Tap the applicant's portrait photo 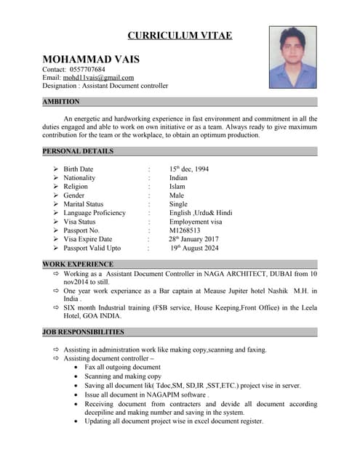pyautogui.click(x=292, y=57)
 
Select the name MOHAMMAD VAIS pyautogui.click(x=91, y=59)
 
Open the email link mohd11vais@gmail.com pyautogui.click(x=98, y=78)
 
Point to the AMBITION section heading pyautogui.click(x=61, y=102)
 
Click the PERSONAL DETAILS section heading pyautogui.click(x=78, y=151)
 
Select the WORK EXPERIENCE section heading pyautogui.click(x=78, y=264)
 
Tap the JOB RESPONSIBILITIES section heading pyautogui.click(x=83, y=332)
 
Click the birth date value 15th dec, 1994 pyautogui.click(x=189, y=169)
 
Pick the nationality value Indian pyautogui.click(x=178, y=178)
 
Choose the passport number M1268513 pyautogui.click(x=188, y=230)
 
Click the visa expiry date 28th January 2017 pyautogui.click(x=194, y=239)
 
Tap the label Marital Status pyautogui.click(x=83, y=204)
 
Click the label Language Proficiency pyautogui.click(x=95, y=213)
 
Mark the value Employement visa pyautogui.click(x=196, y=222)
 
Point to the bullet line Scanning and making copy pyautogui.click(x=123, y=376)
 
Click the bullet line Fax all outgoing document pyautogui.click(x=122, y=368)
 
